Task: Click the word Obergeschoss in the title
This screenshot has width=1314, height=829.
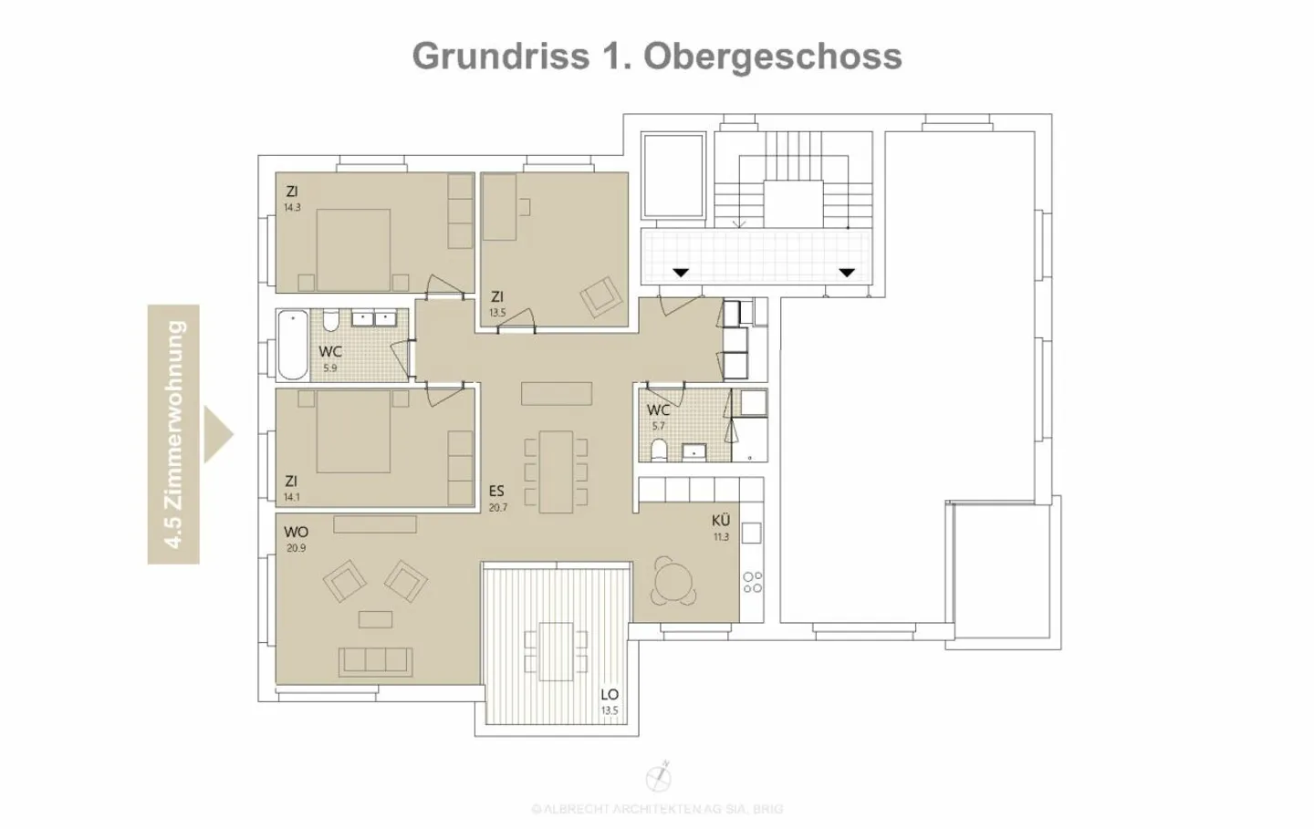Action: click(x=773, y=56)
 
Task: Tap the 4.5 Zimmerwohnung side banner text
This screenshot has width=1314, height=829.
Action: click(x=173, y=434)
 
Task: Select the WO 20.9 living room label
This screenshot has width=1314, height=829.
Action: click(x=296, y=538)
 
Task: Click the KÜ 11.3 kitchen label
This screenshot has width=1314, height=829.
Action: click(x=721, y=527)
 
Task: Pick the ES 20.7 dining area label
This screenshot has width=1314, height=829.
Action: click(x=496, y=498)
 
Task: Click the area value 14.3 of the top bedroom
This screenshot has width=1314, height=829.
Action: click(x=292, y=208)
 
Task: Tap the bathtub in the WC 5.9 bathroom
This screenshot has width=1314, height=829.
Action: click(x=294, y=345)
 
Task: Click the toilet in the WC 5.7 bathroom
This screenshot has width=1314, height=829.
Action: click(x=659, y=449)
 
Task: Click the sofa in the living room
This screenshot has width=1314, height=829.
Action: click(x=375, y=660)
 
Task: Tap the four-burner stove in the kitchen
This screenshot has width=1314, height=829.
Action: click(x=752, y=582)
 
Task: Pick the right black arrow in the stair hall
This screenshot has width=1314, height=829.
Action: click(x=847, y=272)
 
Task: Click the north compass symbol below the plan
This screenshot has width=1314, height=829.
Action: click(x=658, y=778)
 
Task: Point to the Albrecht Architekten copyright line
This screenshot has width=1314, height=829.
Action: click(x=657, y=809)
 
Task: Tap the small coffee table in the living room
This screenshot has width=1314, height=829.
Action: click(x=375, y=619)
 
